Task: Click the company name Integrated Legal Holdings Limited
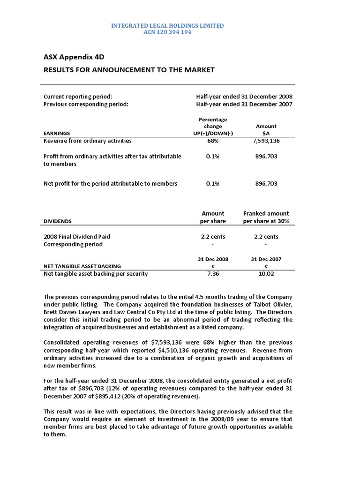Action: pyautogui.click(x=167, y=25)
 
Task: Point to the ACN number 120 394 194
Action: pyautogui.click(x=167, y=32)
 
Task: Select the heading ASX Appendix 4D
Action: pyautogui.click(x=74, y=57)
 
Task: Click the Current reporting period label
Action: pyautogui.click(x=78, y=97)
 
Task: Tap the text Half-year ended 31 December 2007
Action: pyautogui.click(x=244, y=105)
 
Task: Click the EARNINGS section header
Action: pyautogui.click(x=57, y=134)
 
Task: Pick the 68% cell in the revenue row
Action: pyautogui.click(x=212, y=141)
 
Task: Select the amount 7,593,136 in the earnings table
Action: pyautogui.click(x=266, y=141)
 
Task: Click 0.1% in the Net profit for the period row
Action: pyautogui.click(x=212, y=184)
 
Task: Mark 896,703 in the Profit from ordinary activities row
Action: pyautogui.click(x=266, y=157)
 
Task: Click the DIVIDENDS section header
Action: pyautogui.click(x=58, y=221)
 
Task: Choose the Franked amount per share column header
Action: pyautogui.click(x=266, y=217)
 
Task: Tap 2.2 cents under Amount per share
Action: pyautogui.click(x=212, y=237)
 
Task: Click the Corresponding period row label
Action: pyautogui.click(x=73, y=244)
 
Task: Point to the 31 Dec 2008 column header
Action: pyautogui.click(x=212, y=259)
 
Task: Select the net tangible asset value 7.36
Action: pyautogui.click(x=212, y=274)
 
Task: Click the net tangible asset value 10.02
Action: pyautogui.click(x=266, y=274)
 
